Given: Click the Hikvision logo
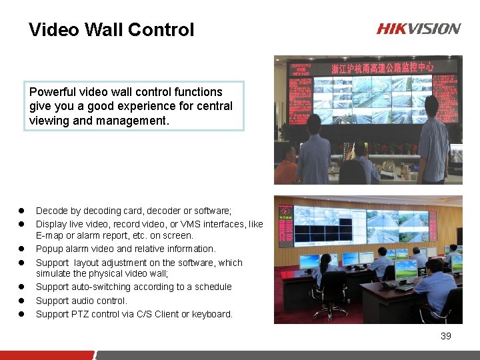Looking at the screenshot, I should pyautogui.click(x=418, y=29).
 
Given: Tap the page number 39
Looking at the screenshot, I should pyautogui.click(x=446, y=336).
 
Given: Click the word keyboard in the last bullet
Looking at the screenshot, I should pyautogui.click(x=211, y=314).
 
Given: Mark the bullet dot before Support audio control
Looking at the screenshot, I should pyautogui.click(x=21, y=301).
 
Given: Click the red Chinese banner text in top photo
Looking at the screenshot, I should pyautogui.click(x=382, y=67).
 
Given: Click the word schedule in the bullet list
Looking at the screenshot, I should pyautogui.click(x=212, y=287).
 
